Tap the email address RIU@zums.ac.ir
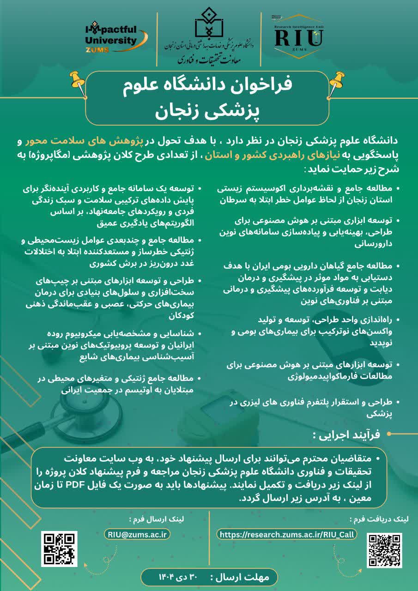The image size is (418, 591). pos(138,534)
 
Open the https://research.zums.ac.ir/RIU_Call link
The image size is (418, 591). pos(286,534)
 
